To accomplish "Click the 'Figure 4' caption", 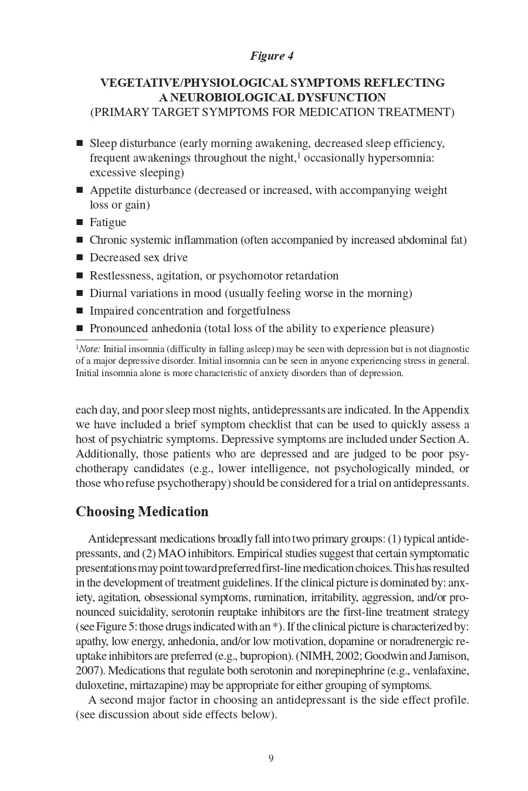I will click(272, 56).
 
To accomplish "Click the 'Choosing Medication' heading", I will click(142, 512).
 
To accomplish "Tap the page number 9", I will click(271, 759).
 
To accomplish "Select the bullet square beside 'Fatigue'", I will click(80, 223).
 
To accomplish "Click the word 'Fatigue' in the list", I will click(108, 223).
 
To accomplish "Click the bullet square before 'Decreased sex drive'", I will click(80, 258).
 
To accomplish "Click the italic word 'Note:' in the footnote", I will click(90, 349).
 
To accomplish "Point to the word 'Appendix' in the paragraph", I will click(445, 410).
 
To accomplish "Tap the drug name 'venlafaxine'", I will click(441, 671).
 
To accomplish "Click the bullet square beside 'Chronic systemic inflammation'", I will click(80, 240).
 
